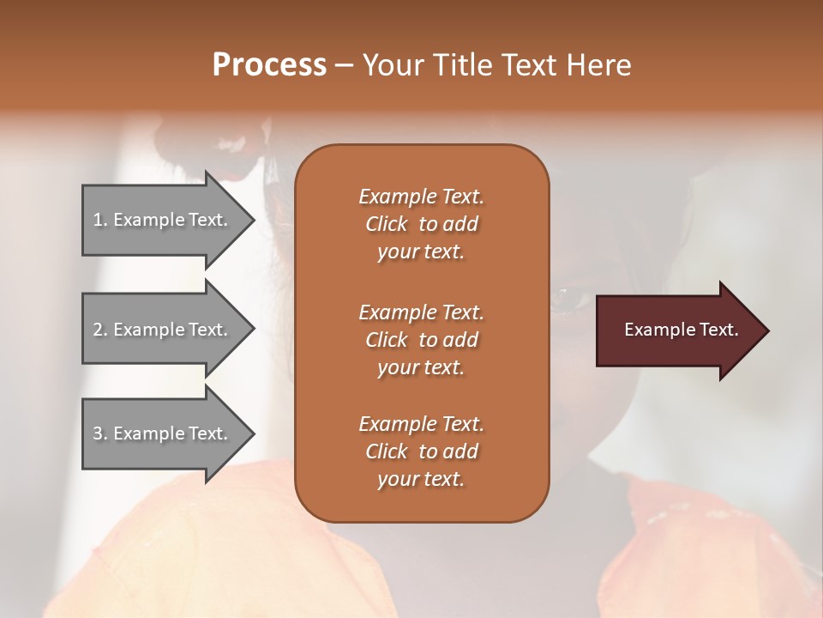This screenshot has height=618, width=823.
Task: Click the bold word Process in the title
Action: click(x=269, y=65)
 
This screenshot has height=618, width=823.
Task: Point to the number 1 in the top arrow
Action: click(x=98, y=220)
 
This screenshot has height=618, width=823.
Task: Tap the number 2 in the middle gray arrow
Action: click(x=98, y=330)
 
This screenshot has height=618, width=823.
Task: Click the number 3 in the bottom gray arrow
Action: click(x=98, y=433)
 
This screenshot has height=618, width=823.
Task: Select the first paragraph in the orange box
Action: click(x=421, y=224)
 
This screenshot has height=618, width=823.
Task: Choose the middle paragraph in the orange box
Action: click(x=421, y=340)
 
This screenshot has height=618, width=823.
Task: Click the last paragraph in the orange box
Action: click(x=421, y=451)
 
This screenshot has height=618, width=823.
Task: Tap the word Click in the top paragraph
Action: click(x=387, y=224)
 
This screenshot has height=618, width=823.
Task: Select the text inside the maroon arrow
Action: click(x=681, y=330)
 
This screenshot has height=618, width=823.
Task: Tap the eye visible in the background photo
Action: click(x=565, y=300)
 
